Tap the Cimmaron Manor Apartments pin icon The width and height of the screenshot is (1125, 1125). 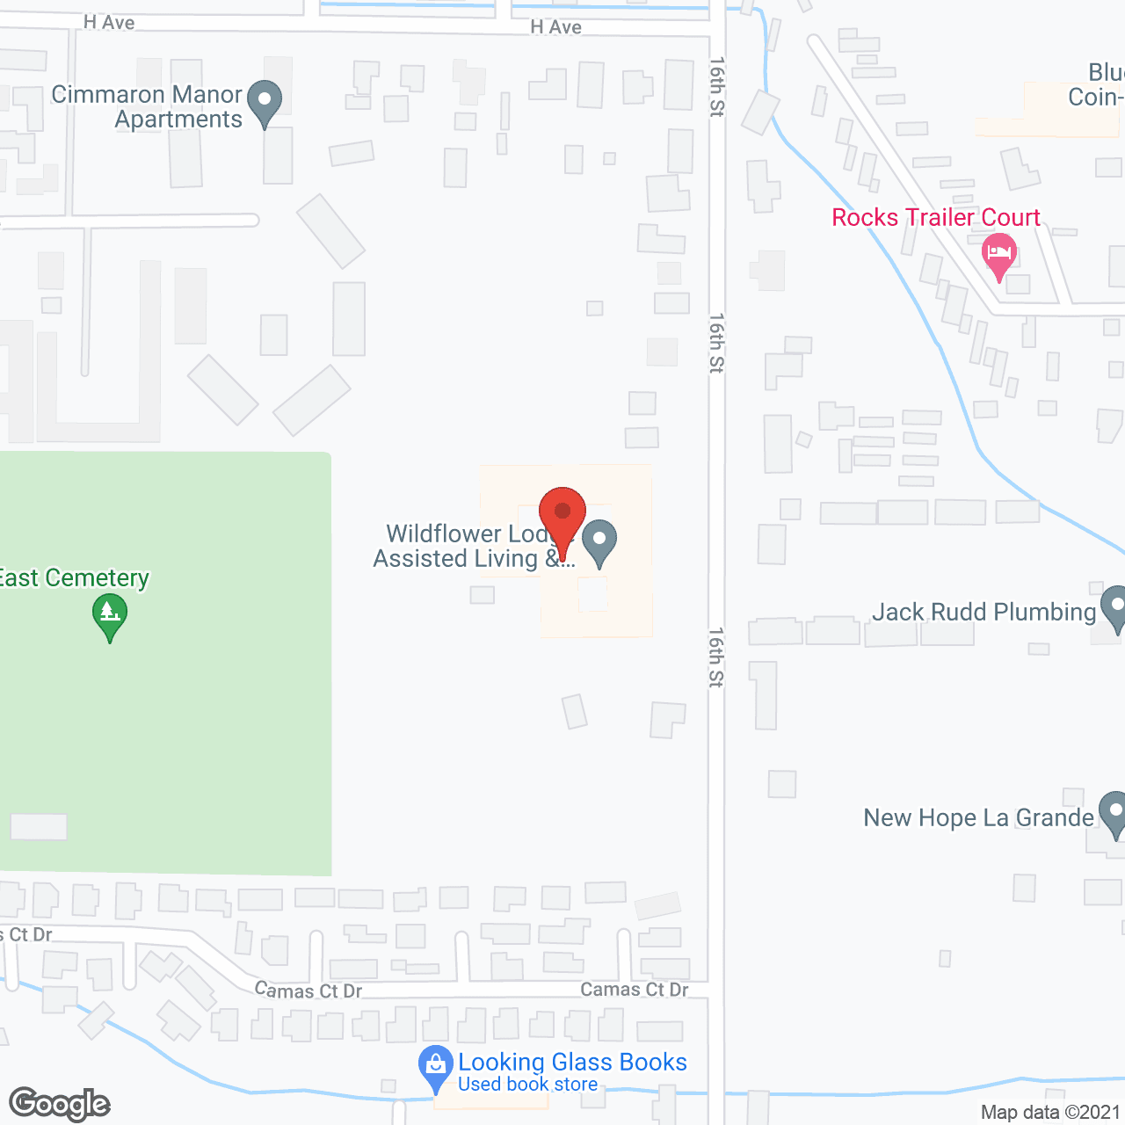pos(264,104)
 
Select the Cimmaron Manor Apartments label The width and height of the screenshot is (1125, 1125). pos(147,106)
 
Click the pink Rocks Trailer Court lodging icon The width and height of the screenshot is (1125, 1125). pos(998,255)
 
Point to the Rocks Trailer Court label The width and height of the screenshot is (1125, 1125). pos(936,217)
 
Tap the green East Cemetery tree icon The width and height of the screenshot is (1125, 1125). pos(110,616)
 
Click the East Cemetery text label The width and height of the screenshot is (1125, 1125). pos(74,577)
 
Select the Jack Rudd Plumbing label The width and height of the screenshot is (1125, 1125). pos(983,612)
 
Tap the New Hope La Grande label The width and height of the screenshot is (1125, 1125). pos(978,817)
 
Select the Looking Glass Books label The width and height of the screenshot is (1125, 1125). pos(572,1062)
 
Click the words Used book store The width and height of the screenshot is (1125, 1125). pos(527,1085)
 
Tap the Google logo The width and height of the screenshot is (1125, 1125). pos(60,1104)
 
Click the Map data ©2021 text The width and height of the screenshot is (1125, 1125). pos(1050,1112)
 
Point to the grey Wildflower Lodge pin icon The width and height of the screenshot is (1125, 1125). pos(599,542)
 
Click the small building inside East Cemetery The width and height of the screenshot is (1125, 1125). pos(39,826)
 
